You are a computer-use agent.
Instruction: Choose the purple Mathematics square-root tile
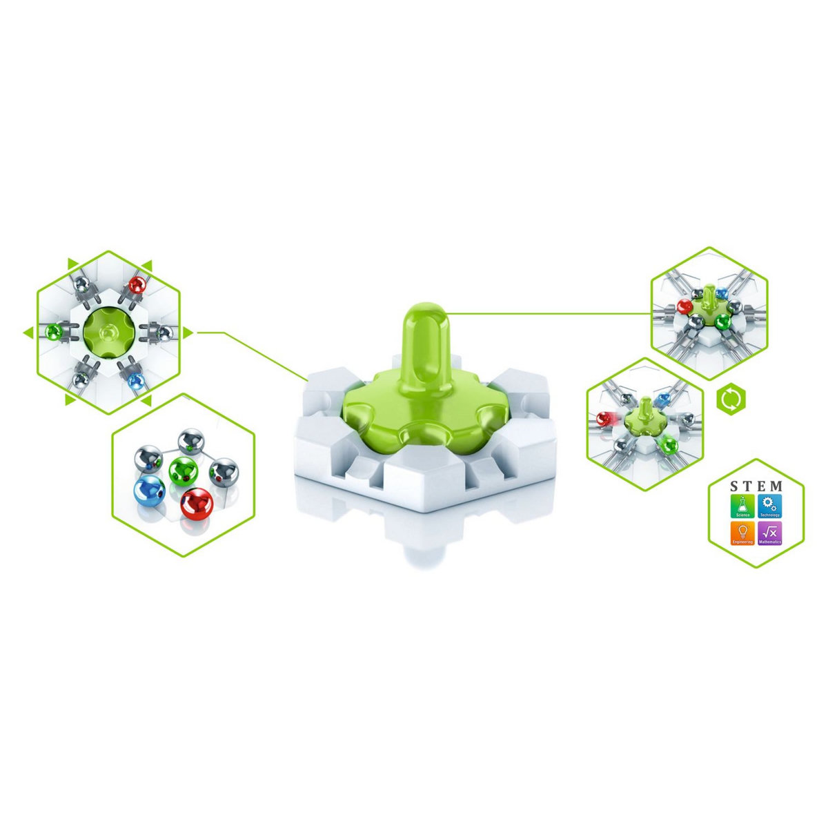(770, 533)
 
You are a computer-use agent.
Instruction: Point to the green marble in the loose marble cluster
(182, 471)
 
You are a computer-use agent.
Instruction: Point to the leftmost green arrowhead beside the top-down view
(28, 333)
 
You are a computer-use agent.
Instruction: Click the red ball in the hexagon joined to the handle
(685, 306)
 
